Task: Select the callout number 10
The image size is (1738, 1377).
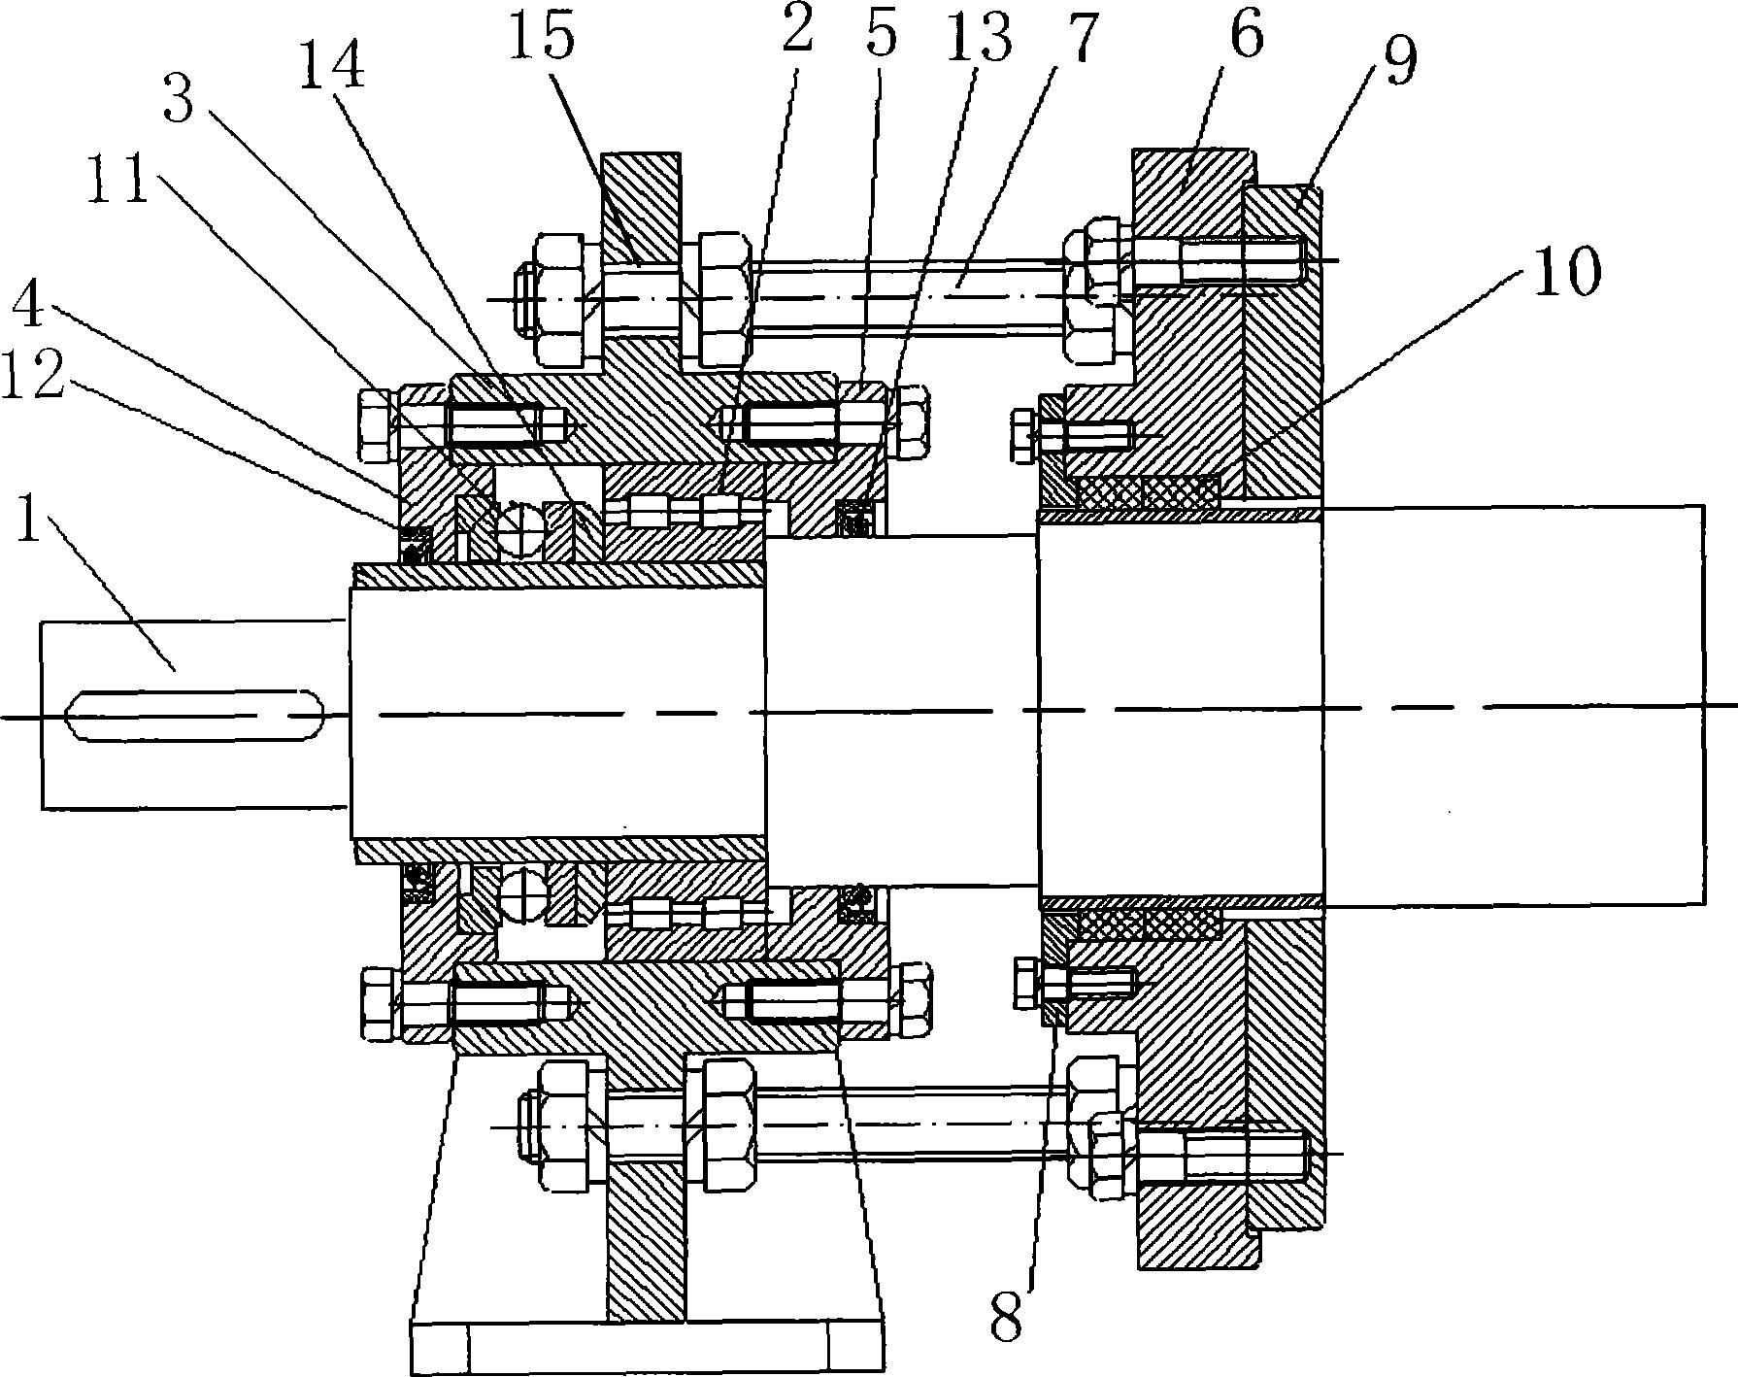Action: (1562, 275)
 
